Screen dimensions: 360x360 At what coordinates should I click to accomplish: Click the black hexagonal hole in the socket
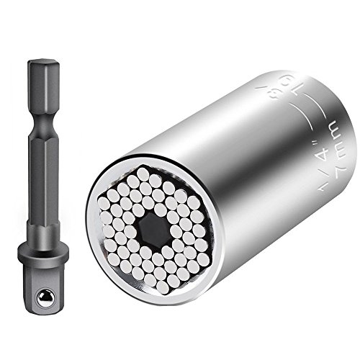point(150,230)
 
